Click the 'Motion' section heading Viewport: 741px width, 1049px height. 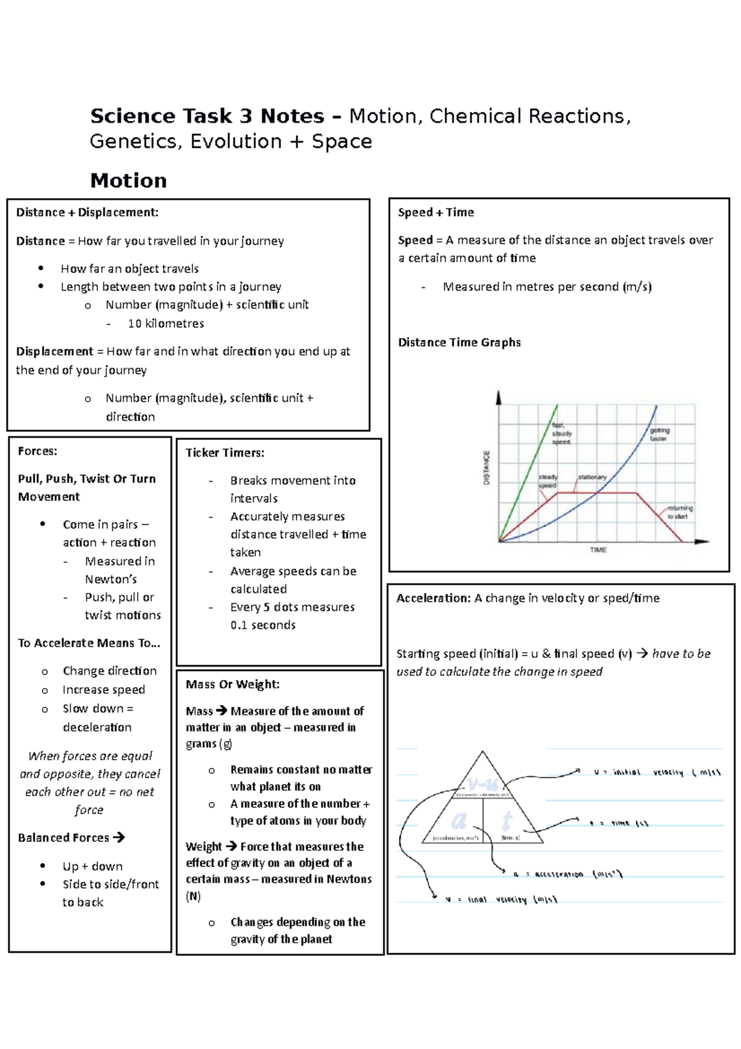(128, 180)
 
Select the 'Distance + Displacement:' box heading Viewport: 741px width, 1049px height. (87, 213)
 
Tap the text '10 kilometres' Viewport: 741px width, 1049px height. (165, 324)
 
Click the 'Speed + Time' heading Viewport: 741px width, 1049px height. (436, 213)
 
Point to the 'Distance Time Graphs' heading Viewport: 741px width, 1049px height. (459, 342)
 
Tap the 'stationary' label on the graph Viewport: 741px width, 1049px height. (592, 478)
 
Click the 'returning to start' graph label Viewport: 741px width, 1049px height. (679, 512)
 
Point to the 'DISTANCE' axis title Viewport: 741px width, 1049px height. (487, 468)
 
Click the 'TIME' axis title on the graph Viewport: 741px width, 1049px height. (598, 550)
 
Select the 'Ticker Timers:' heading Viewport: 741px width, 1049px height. (225, 453)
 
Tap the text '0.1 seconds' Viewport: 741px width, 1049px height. (263, 625)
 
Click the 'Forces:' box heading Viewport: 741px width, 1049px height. (38, 451)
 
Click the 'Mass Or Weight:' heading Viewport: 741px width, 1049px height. (233, 685)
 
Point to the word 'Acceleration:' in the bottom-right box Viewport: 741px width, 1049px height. (433, 598)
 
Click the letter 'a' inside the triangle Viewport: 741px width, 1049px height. (458, 820)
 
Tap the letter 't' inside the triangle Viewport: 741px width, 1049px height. (507, 820)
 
